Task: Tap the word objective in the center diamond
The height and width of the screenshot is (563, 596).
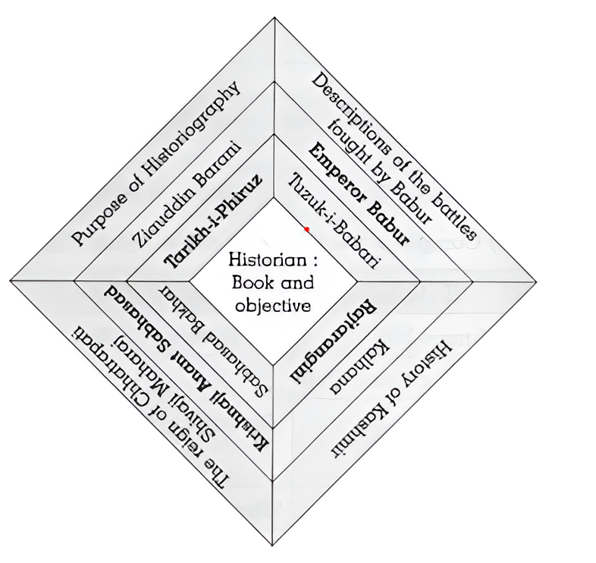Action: (x=274, y=307)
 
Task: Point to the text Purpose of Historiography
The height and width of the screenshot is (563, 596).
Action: (x=156, y=163)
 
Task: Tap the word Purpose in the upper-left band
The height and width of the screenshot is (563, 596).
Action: (x=99, y=220)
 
